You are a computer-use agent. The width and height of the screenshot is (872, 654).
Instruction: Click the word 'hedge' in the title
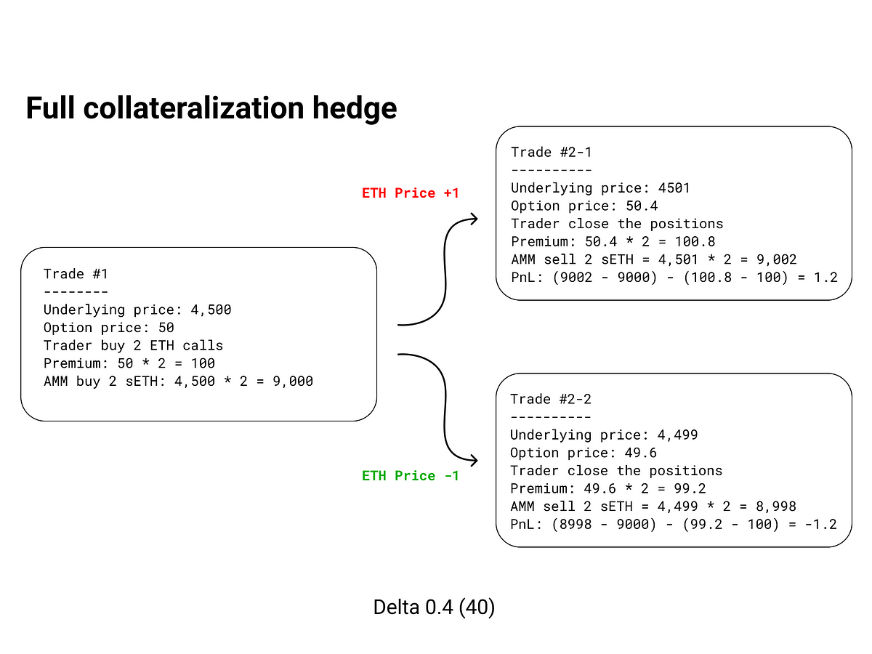[x=354, y=108]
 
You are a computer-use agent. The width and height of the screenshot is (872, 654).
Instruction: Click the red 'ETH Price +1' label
[x=410, y=193]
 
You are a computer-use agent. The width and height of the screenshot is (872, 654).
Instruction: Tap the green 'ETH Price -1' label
[x=410, y=475]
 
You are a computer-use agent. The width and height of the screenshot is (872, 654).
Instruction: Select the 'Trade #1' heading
[x=76, y=274]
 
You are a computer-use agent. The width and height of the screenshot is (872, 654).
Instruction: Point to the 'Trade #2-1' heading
[x=551, y=152]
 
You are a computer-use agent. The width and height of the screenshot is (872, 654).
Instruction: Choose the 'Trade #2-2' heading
[x=551, y=399]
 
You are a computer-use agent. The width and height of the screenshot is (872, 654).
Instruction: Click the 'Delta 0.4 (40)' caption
[x=434, y=607]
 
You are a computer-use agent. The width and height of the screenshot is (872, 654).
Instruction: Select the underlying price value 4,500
[x=211, y=310]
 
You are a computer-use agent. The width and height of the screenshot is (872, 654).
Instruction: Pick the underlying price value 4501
[x=674, y=187]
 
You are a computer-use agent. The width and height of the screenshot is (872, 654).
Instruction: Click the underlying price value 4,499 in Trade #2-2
[x=677, y=435]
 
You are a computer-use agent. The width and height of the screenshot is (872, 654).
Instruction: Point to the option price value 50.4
[x=642, y=206]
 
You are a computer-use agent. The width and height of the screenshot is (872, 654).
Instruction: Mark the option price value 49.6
[x=641, y=453]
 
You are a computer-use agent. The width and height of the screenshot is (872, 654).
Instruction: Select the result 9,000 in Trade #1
[x=293, y=381]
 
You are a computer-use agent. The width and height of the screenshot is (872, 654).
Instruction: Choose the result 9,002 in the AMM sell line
[x=776, y=259]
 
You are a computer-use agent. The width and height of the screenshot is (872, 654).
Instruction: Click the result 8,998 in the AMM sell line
[x=776, y=506]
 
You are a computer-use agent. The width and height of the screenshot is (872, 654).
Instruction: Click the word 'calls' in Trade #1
[x=203, y=345]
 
